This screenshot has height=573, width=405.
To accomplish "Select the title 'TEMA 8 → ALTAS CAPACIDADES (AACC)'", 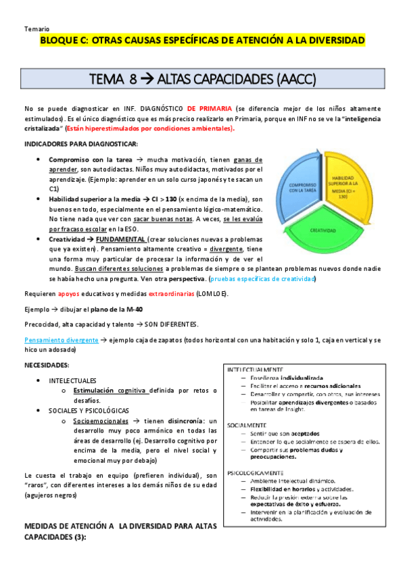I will tap(203, 80).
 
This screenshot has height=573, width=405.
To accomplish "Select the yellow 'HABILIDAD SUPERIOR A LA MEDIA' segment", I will tap(349, 186).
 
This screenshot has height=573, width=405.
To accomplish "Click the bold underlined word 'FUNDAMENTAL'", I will tap(122, 240).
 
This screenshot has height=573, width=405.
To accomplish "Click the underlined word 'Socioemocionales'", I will tap(100, 420).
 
